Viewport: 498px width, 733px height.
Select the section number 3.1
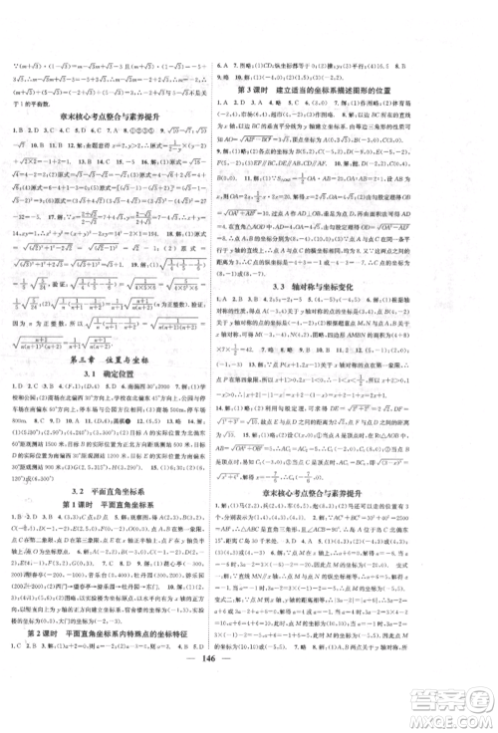click(x=97, y=380)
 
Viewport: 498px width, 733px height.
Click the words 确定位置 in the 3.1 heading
click(x=132, y=380)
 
